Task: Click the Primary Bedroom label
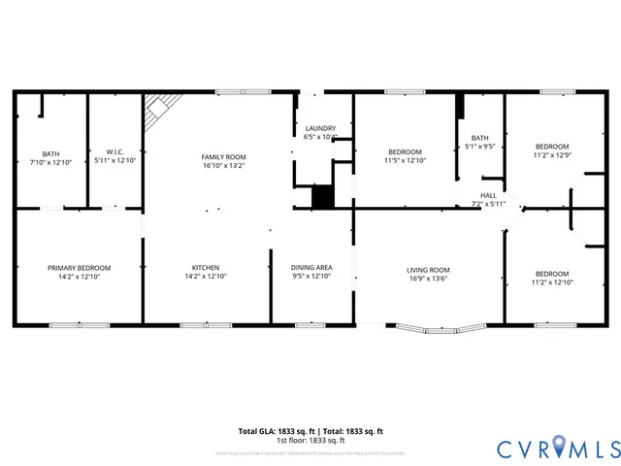pos(80,268)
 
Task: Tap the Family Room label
pos(223,157)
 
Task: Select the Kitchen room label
pos(205,268)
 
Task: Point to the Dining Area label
pos(311,268)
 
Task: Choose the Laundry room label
pos(320,128)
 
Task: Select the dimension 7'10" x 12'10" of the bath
pos(50,161)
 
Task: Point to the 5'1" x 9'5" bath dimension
pos(480,148)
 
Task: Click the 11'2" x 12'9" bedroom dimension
pos(552,154)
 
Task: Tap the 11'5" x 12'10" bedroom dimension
pos(405,161)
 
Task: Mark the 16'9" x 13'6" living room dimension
pos(427,280)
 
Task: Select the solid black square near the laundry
pos(322,196)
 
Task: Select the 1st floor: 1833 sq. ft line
pos(310,440)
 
